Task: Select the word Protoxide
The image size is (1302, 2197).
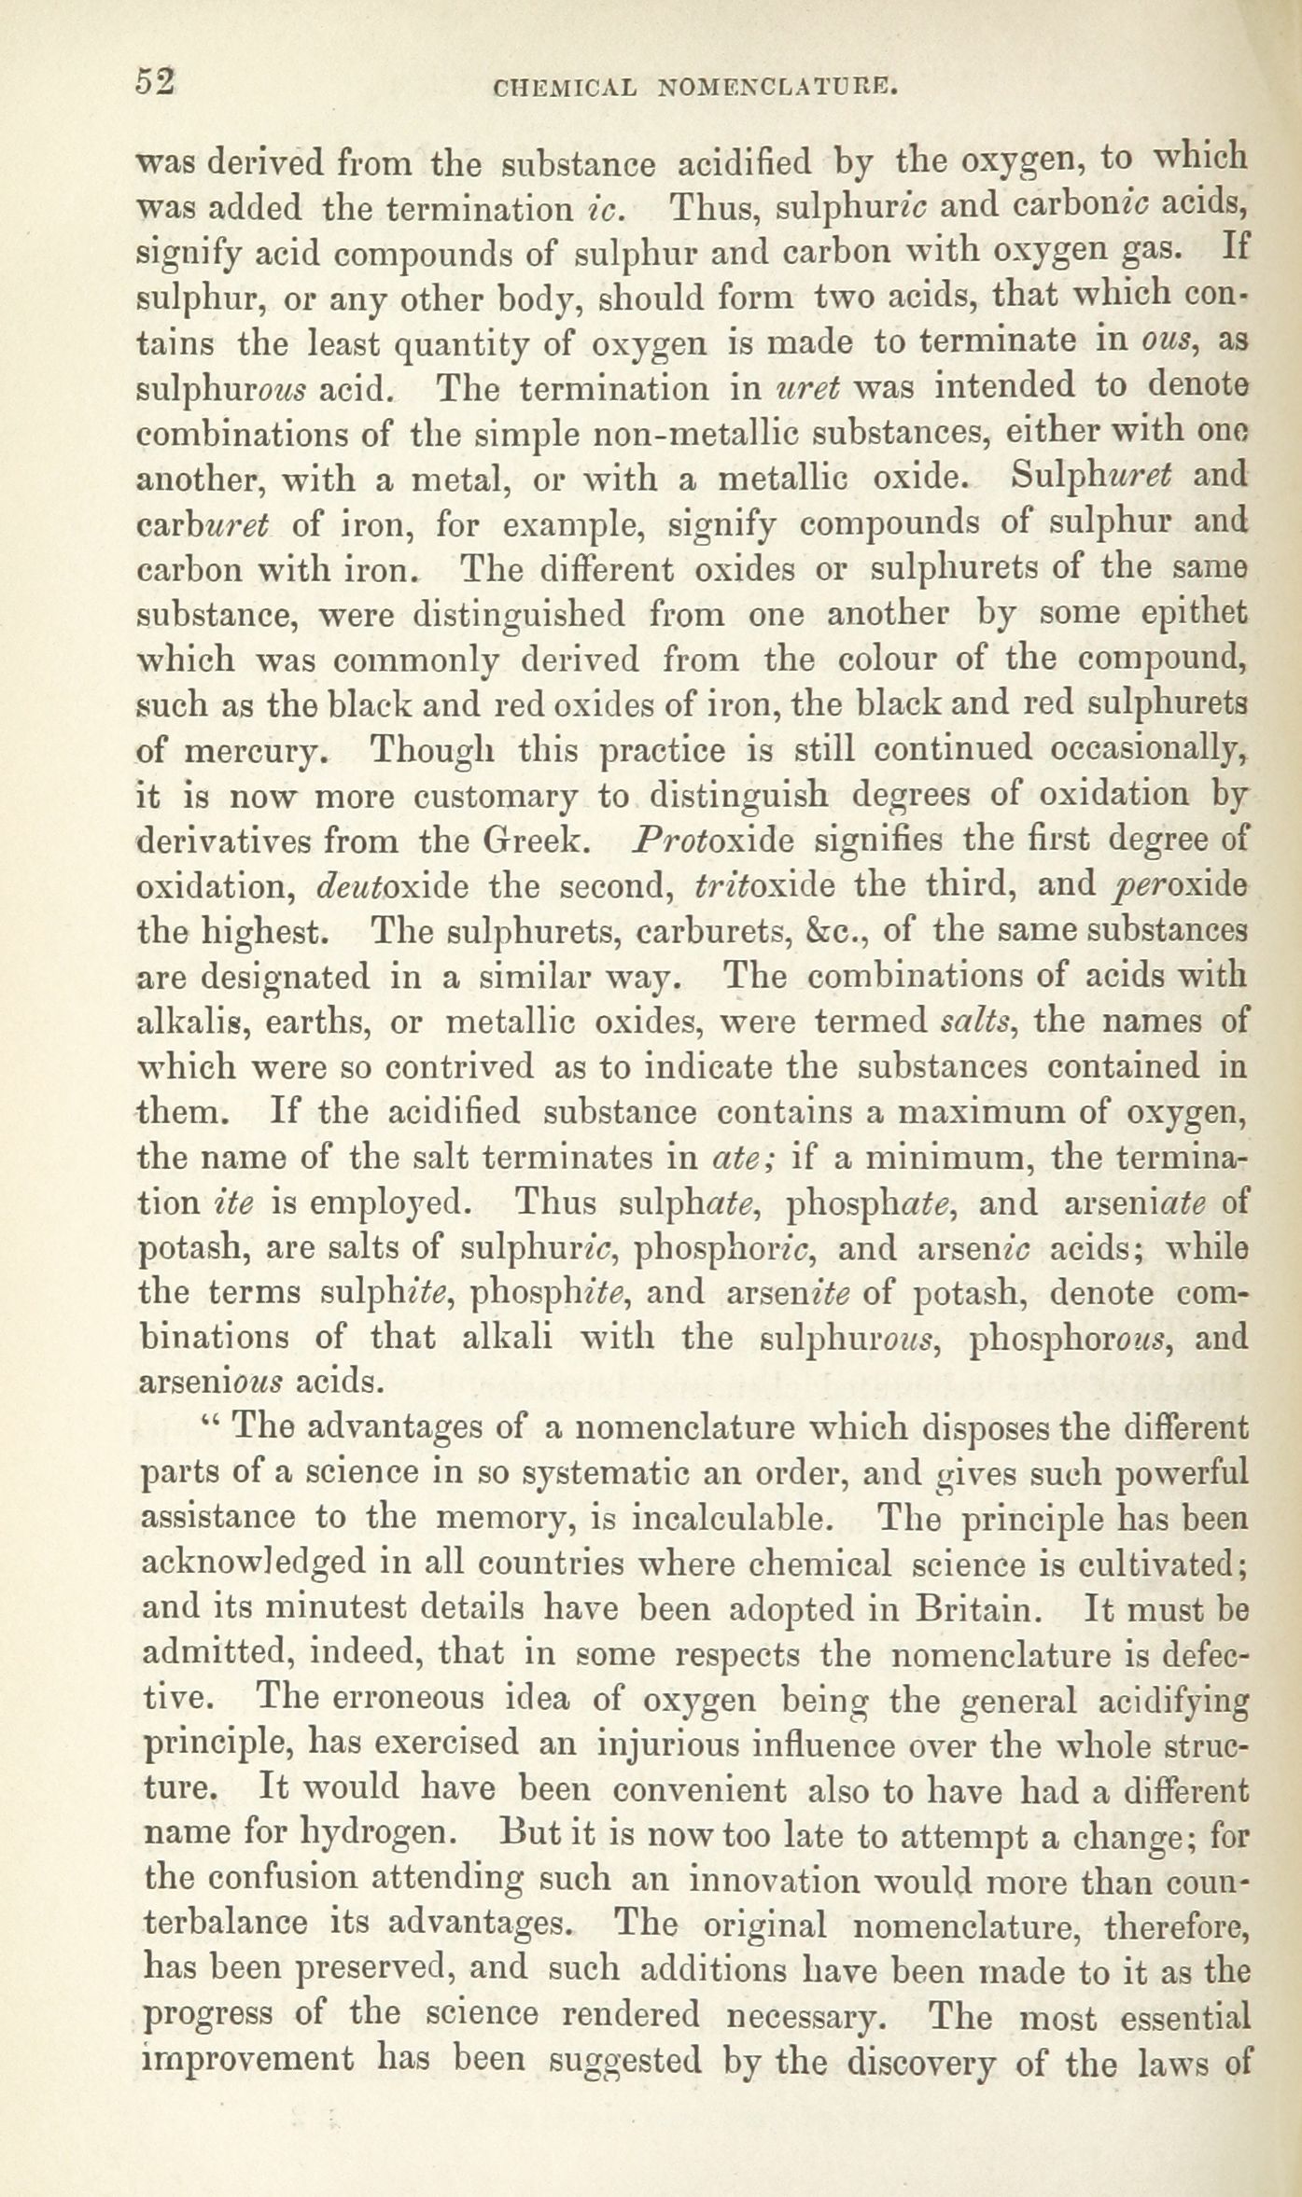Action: [713, 841]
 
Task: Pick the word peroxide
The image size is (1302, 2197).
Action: [1182, 886]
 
